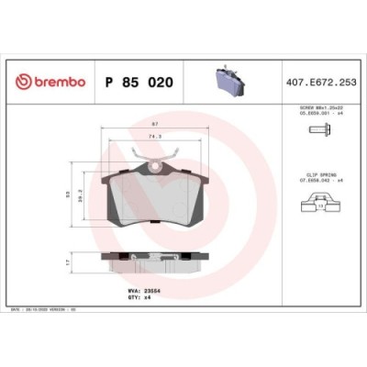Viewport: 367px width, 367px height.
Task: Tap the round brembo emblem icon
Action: click(x=21, y=82)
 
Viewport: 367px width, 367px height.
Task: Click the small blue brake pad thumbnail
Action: click(x=227, y=81)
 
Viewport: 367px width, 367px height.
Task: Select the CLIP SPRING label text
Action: click(x=320, y=172)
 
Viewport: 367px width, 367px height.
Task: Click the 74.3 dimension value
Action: click(x=154, y=137)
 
